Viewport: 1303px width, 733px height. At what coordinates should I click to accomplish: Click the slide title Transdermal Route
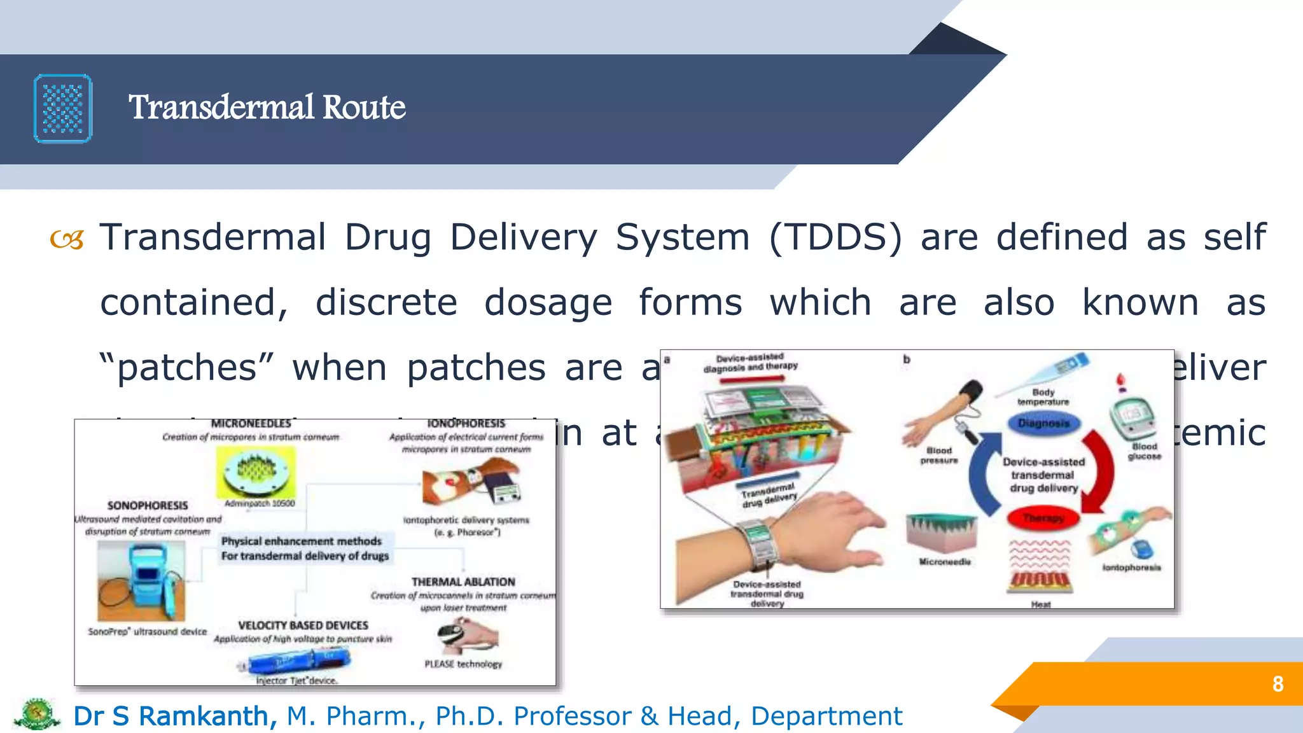pyautogui.click(x=267, y=107)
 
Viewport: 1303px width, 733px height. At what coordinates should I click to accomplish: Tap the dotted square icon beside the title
pyautogui.click(x=63, y=109)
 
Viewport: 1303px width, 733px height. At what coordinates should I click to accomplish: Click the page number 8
pyautogui.click(x=1278, y=684)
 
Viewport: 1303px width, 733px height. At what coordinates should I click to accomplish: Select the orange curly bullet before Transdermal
pyautogui.click(x=67, y=240)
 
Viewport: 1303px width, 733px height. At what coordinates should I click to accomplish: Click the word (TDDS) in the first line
pyautogui.click(x=835, y=237)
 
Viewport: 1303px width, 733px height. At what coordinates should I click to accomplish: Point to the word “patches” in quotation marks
pyautogui.click(x=187, y=368)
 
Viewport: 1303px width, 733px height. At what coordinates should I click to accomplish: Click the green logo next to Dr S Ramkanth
pyautogui.click(x=37, y=715)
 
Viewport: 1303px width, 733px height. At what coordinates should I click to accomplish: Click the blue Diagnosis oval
pyautogui.click(x=1043, y=423)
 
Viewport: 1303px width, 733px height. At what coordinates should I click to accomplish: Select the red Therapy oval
pyautogui.click(x=1043, y=518)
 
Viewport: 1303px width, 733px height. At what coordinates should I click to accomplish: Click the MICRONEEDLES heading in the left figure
pyautogui.click(x=251, y=423)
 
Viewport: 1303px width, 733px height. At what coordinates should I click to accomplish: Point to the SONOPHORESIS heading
pyautogui.click(x=148, y=505)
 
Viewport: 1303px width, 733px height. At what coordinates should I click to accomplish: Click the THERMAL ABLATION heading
pyautogui.click(x=463, y=582)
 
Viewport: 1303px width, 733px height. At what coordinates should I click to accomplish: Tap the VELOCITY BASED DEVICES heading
pyautogui.click(x=303, y=625)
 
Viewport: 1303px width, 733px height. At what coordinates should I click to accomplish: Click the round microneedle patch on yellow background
pyautogui.click(x=256, y=472)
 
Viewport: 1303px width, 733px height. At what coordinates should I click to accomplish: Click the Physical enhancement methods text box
pyautogui.click(x=304, y=548)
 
